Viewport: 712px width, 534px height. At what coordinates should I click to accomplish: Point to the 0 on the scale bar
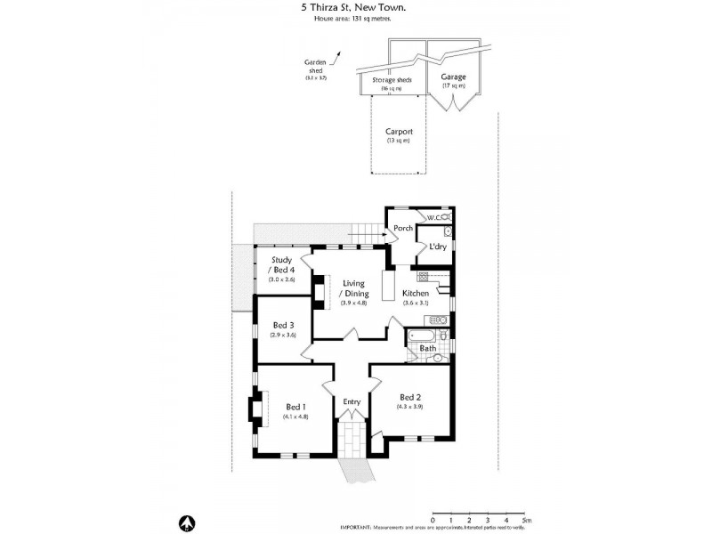pos(433,520)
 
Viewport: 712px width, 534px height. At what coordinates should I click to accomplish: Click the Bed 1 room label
pos(295,407)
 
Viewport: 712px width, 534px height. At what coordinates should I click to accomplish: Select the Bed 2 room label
pos(409,397)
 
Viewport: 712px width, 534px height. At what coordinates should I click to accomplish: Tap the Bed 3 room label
pos(283,325)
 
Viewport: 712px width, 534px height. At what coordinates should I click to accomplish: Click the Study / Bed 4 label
pos(282,264)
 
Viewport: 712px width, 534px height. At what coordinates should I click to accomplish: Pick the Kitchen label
pos(416,293)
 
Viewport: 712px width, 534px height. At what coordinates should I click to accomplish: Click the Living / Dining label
pos(354,288)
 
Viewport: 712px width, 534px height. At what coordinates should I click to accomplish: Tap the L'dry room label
pos(437,247)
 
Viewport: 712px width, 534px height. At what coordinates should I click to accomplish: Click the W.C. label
pos(434,217)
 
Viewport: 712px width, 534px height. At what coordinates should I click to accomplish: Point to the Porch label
pos(402,228)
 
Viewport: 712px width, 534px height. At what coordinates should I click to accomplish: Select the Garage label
pos(453,77)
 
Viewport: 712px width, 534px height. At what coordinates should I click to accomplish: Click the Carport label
pos(398,132)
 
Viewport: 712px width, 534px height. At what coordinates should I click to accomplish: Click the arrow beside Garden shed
pos(336,60)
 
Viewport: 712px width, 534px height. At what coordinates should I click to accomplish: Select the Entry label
pos(352,401)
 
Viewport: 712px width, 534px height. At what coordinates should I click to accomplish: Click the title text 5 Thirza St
pos(328,6)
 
